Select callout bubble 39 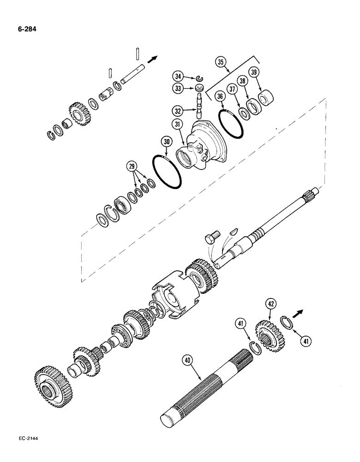click(253, 72)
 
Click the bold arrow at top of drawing click(151, 58)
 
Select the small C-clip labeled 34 click(199, 78)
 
